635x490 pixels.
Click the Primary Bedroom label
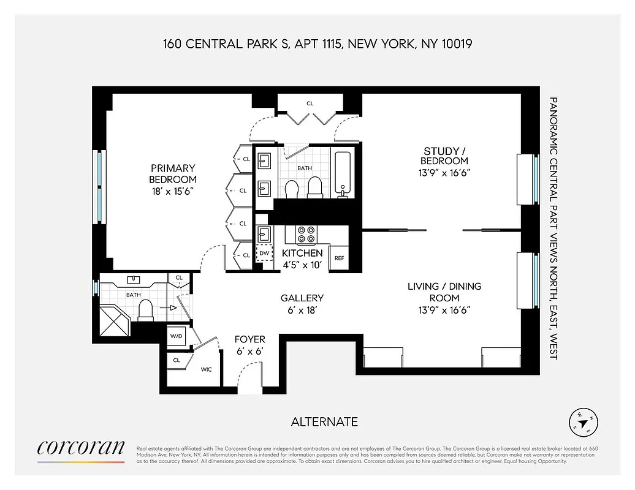click(x=172, y=173)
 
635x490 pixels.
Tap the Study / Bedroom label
click(x=446, y=156)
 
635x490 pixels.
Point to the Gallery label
click(x=302, y=298)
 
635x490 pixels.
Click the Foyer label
click(x=250, y=339)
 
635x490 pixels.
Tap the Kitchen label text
click(x=302, y=253)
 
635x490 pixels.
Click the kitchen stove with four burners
click(x=305, y=234)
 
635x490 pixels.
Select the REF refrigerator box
click(x=339, y=258)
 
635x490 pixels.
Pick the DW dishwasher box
click(x=264, y=253)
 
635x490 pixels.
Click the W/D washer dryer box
click(x=175, y=336)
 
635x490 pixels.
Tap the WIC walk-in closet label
click(x=207, y=369)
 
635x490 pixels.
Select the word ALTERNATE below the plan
click(x=324, y=421)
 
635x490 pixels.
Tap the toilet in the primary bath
click(x=146, y=310)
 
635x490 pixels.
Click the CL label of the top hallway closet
click(x=310, y=104)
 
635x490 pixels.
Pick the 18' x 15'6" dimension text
click(x=172, y=192)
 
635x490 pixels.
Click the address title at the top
click(x=317, y=44)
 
